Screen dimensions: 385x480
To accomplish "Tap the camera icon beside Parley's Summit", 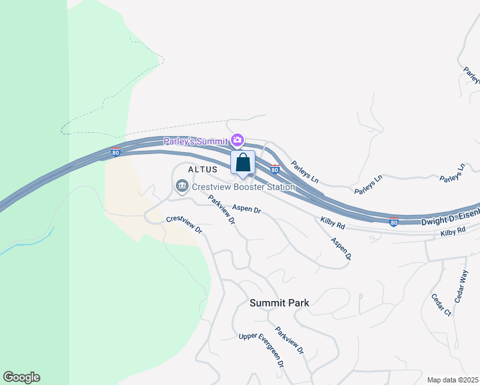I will point(238,140).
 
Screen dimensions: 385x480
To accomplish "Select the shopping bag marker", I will point(243,163).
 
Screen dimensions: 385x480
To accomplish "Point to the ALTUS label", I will point(203,169).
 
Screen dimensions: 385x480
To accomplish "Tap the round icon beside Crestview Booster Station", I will point(181,187).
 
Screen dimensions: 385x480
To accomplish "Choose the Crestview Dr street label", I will point(184,224).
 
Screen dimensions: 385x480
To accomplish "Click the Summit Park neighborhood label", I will point(279,303).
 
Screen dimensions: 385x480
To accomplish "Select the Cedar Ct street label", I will point(441,304).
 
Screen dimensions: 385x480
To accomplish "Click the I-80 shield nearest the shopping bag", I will point(274,169).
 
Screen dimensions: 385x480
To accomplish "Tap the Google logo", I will point(21,377).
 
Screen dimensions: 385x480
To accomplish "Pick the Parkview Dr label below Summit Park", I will point(289,342).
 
